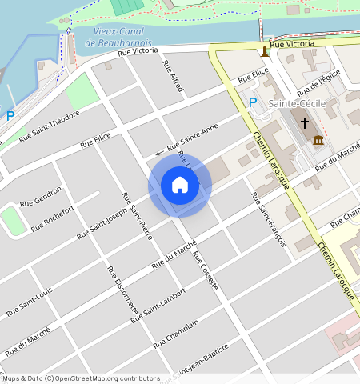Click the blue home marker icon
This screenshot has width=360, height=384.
tap(180, 186)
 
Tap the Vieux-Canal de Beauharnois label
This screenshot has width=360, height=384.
tap(122, 36)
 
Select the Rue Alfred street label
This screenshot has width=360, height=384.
tap(172, 77)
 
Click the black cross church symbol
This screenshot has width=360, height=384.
tap(304, 124)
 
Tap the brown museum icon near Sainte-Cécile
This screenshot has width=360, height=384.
tap(318, 141)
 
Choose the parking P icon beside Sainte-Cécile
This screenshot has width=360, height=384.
tap(253, 102)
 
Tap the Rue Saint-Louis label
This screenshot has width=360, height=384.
tap(30, 300)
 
